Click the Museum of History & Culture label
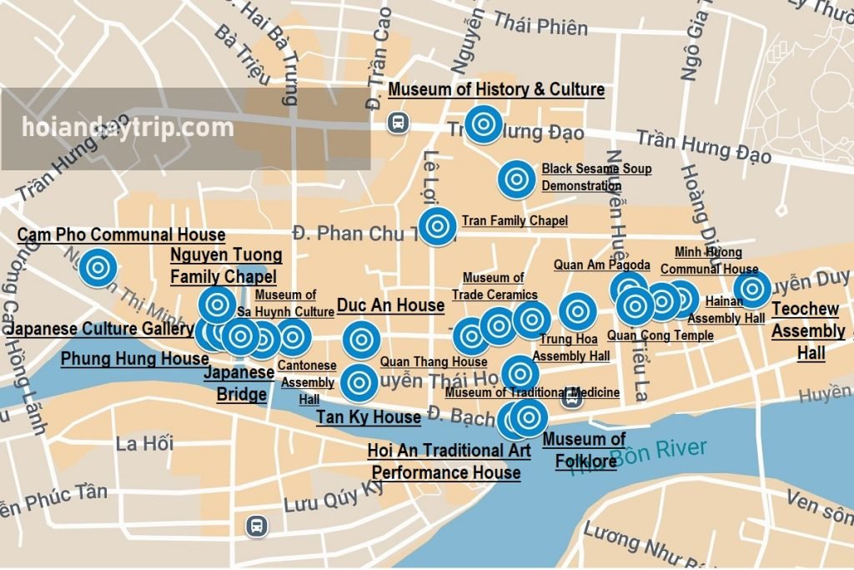[496, 89]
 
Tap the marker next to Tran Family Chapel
[437, 226]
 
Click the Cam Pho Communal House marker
[98, 268]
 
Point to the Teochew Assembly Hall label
[807, 331]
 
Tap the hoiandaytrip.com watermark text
[128, 128]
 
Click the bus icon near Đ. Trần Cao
[399, 123]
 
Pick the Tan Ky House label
[368, 417]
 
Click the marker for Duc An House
[361, 340]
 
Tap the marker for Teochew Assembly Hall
[752, 289]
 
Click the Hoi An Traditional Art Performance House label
[449, 462]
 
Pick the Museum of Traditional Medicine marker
[520, 373]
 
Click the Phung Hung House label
[134, 359]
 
